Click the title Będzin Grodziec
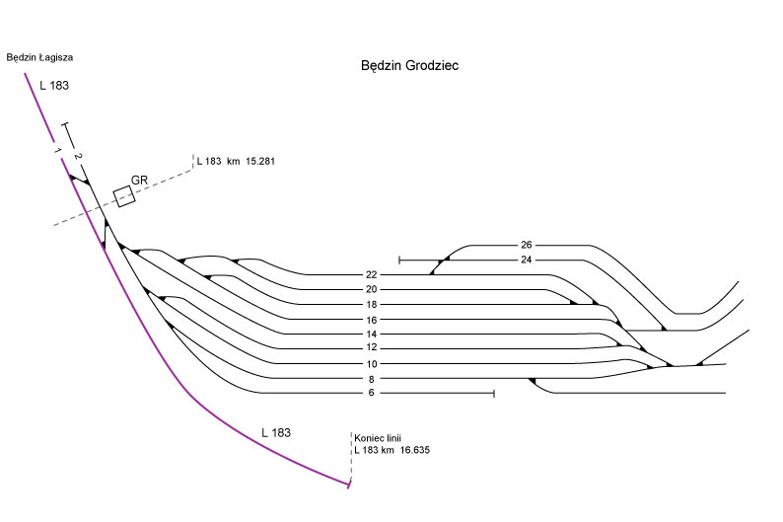pyautogui.click(x=411, y=66)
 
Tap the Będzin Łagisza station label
pyautogui.click(x=39, y=57)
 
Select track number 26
pyautogui.click(x=525, y=245)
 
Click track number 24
pyautogui.click(x=525, y=260)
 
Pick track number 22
pyautogui.click(x=371, y=274)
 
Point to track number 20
pyautogui.click(x=371, y=289)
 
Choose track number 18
pyautogui.click(x=371, y=305)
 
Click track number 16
pyautogui.click(x=371, y=320)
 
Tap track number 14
pyautogui.click(x=371, y=335)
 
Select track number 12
pyautogui.click(x=371, y=347)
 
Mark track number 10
pyautogui.click(x=371, y=364)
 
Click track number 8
pyautogui.click(x=371, y=379)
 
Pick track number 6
pyautogui.click(x=371, y=394)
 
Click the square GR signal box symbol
pyautogui.click(x=124, y=196)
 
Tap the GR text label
pyautogui.click(x=139, y=180)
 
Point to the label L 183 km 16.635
pyautogui.click(x=392, y=450)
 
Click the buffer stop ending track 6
pyautogui.click(x=492, y=394)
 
